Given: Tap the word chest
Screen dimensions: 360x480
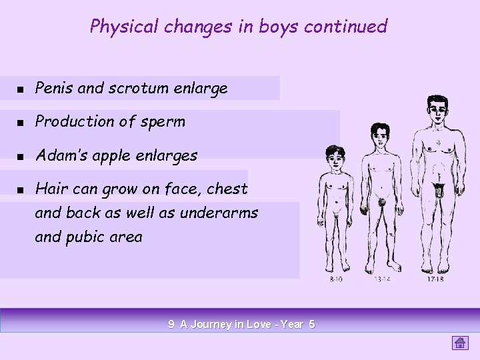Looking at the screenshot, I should pos(227,189).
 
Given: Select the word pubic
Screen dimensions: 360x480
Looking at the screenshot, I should pos(85,237).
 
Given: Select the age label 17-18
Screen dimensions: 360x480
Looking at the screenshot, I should pos(435,279).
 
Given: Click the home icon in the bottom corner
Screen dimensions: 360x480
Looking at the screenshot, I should pos(460,343).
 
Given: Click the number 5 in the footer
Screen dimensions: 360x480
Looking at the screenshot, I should pos(311,325).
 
